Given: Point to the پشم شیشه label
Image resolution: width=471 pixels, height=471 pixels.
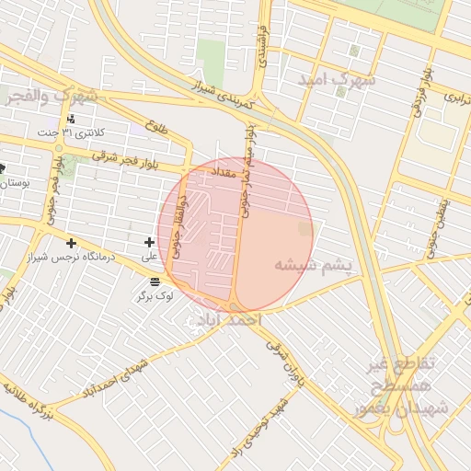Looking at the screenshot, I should click(x=313, y=266).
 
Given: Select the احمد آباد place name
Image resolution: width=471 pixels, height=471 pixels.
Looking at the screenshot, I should click(x=224, y=319).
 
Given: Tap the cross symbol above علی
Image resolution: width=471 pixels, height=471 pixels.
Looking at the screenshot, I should click(x=150, y=242).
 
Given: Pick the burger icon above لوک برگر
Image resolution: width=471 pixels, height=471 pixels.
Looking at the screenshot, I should click(x=154, y=281).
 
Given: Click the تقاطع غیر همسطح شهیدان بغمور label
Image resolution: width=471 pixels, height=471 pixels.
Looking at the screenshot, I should click(x=405, y=387).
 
